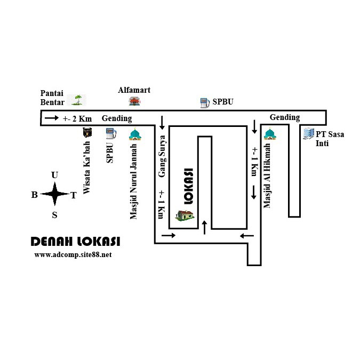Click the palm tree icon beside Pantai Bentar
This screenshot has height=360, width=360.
click(79, 99)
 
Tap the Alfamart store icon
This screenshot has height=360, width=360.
click(135, 101)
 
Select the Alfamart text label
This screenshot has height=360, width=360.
click(134, 90)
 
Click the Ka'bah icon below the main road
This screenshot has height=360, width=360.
click(87, 133)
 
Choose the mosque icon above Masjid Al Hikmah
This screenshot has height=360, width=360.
click(270, 133)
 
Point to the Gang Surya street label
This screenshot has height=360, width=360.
click(162, 156)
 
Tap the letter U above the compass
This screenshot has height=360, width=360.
click(54, 175)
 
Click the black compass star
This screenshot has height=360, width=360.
click(54, 194)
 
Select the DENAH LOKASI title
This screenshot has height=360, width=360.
click(75, 242)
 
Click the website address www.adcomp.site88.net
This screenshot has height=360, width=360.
click(73, 255)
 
